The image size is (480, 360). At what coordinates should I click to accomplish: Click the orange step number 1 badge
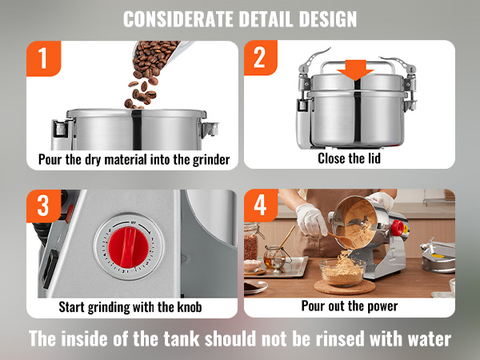(43, 58)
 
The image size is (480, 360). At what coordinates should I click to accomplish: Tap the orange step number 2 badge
(260, 58)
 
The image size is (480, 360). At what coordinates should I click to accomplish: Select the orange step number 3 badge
(43, 206)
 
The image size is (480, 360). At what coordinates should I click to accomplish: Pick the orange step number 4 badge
(261, 205)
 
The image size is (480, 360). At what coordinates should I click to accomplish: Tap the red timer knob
(129, 247)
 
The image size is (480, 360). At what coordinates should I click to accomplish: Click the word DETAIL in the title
(265, 19)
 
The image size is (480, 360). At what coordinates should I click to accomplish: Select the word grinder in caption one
(211, 160)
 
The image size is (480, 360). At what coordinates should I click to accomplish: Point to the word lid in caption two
(373, 158)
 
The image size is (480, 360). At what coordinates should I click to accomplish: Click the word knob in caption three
(190, 306)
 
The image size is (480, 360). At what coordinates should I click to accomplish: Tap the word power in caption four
(382, 306)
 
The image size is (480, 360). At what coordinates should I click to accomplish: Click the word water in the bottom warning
(430, 339)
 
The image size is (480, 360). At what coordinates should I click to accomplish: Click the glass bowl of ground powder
(342, 273)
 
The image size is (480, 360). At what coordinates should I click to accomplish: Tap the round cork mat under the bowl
(345, 287)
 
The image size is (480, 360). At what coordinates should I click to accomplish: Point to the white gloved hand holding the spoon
(310, 219)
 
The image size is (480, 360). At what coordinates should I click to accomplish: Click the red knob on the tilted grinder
(398, 228)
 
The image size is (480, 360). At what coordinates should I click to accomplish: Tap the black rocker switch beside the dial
(50, 268)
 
